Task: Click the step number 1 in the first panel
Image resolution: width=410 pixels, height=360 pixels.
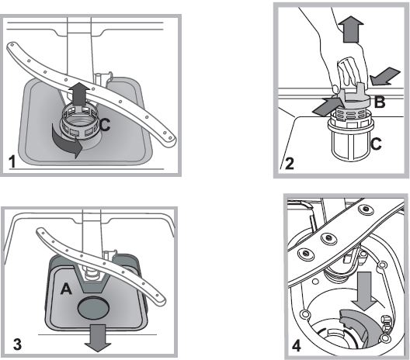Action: point(12,161)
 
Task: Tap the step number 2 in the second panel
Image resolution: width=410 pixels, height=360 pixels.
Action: point(289,164)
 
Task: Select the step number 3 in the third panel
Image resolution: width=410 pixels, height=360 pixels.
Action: point(18,344)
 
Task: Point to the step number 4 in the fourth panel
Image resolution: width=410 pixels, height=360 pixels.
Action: point(297,346)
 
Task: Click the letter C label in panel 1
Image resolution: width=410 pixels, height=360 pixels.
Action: point(105,125)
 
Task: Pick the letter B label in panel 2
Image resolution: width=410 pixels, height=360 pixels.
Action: point(380,102)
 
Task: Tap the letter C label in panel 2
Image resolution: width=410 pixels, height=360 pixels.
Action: point(376,144)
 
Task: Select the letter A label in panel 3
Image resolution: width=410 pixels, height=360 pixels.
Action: point(66,289)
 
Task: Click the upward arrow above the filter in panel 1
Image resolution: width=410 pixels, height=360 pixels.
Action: point(79,94)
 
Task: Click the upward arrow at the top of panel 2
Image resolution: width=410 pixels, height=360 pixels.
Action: point(351,29)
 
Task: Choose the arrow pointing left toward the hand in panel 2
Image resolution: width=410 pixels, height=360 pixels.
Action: point(384,77)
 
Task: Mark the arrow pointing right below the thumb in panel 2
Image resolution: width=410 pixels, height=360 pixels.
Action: point(327,106)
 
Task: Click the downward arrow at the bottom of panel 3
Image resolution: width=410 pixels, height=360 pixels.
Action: point(97,338)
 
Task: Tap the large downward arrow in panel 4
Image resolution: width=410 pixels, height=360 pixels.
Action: point(365,291)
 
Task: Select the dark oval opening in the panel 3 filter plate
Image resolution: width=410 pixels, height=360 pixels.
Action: point(93,308)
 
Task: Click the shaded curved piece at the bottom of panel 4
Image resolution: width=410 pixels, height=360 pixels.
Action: point(362,328)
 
